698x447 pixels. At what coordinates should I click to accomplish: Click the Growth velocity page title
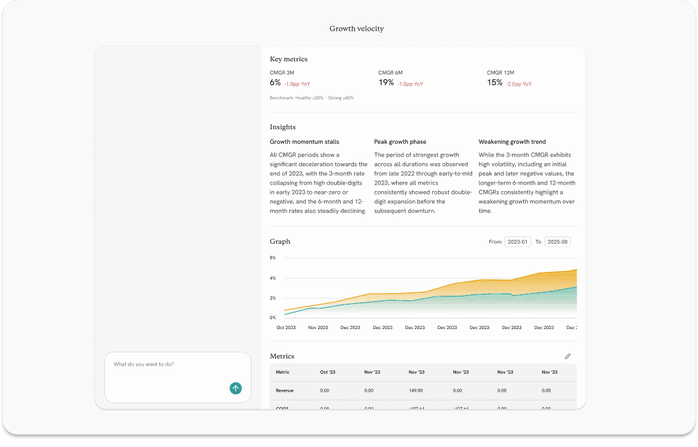tap(357, 29)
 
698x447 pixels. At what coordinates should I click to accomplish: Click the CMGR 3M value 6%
tap(275, 83)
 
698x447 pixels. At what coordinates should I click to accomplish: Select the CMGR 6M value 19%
tap(386, 83)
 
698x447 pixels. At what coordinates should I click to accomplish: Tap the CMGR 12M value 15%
tap(495, 83)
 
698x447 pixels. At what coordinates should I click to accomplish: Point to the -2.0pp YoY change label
tap(519, 84)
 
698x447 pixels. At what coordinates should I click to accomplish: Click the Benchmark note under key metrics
tap(311, 98)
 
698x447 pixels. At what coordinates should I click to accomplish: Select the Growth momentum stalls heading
tap(304, 142)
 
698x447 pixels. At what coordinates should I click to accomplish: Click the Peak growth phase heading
tap(400, 142)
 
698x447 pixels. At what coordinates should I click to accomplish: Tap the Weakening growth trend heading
tap(512, 142)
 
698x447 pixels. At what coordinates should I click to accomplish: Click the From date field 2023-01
tap(517, 242)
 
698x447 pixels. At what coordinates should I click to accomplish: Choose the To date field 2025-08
tap(557, 242)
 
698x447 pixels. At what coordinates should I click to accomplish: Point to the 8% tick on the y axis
tap(273, 257)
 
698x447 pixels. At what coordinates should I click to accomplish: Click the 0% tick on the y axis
tap(273, 318)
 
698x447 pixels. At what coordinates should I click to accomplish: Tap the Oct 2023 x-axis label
tap(286, 328)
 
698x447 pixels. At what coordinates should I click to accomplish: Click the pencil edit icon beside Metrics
tap(567, 356)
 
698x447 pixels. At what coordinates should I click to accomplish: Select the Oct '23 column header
tap(328, 372)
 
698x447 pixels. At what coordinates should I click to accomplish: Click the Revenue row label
tap(285, 390)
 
